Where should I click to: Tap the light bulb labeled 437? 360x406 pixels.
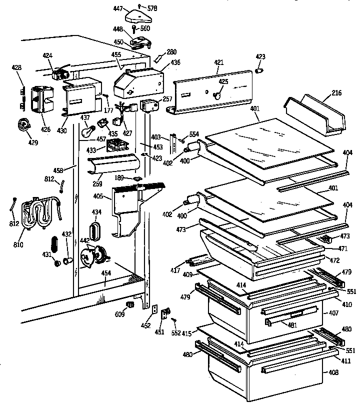[x=88, y=131]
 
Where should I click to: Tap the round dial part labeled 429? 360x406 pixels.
[x=22, y=125]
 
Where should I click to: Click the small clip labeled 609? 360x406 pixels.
[x=130, y=304]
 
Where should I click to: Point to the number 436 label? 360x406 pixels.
[x=175, y=62]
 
